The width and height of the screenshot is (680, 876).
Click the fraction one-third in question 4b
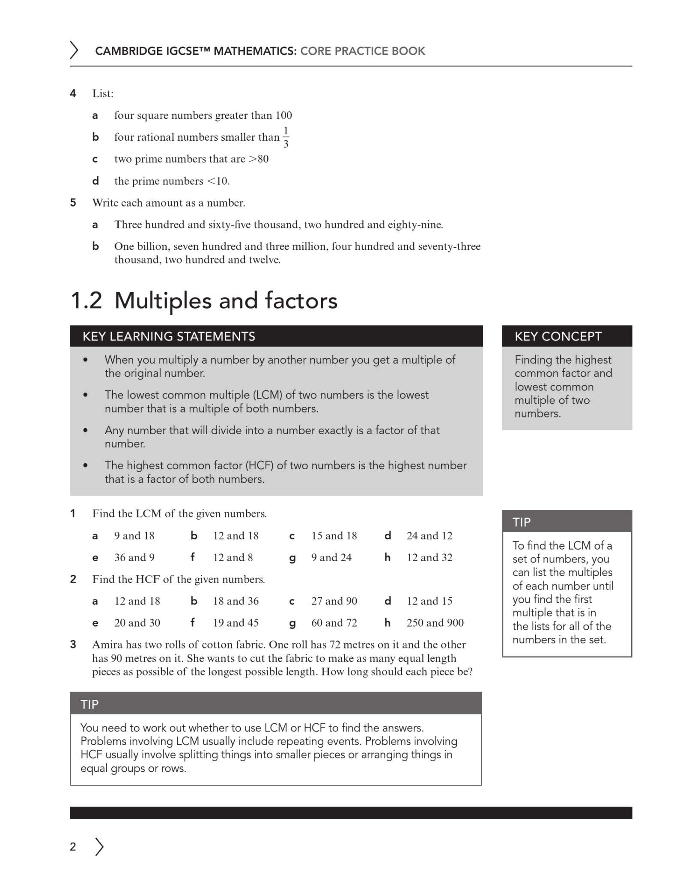pyautogui.click(x=286, y=137)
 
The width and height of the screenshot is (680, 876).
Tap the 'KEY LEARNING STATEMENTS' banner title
pyautogui.click(x=169, y=336)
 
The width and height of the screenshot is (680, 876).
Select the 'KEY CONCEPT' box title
pyautogui.click(x=558, y=336)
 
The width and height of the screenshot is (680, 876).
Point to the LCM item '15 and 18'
pyautogui.click(x=334, y=536)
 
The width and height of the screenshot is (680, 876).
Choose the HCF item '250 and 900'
pyautogui.click(x=435, y=623)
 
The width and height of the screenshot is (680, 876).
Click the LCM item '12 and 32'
pyautogui.click(x=429, y=557)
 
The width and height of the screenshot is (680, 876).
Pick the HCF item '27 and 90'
pyautogui.click(x=334, y=601)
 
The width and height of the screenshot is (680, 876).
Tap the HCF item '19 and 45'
pyautogui.click(x=236, y=623)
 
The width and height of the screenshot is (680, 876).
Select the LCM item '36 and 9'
pyautogui.click(x=134, y=557)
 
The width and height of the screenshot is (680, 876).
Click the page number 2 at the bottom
pyautogui.click(x=73, y=846)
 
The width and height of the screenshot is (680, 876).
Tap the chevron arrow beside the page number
pyautogui.click(x=99, y=846)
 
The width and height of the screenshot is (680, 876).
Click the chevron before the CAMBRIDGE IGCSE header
pyautogui.click(x=74, y=50)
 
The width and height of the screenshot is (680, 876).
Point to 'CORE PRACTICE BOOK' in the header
pyautogui.click(x=362, y=51)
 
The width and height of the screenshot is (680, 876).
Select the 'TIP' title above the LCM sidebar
pyautogui.click(x=522, y=522)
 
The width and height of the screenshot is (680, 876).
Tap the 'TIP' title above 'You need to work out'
pyautogui.click(x=89, y=704)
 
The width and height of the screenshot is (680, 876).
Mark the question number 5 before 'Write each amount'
pyautogui.click(x=73, y=203)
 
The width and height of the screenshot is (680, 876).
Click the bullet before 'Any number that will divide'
pyautogui.click(x=86, y=430)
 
